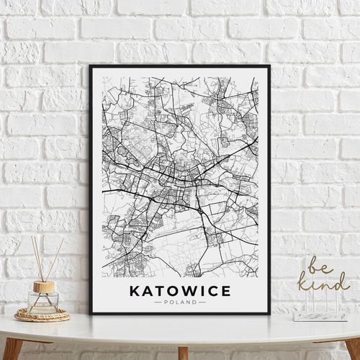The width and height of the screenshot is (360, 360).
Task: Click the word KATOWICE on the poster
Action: (180, 291)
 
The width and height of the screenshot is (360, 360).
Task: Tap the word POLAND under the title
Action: (180, 302)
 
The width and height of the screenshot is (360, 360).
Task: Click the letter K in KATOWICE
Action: (134, 291)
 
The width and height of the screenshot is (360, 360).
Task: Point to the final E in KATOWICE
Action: (226, 291)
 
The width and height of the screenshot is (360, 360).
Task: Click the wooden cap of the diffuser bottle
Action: (44, 287)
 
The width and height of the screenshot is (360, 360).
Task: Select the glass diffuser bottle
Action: (44, 302)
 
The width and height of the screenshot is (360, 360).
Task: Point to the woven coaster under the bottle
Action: (42, 315)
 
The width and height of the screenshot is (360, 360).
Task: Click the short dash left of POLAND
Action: (158, 302)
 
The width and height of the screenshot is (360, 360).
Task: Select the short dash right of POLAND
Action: (202, 302)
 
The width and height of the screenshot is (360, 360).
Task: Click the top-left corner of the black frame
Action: (91, 66)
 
